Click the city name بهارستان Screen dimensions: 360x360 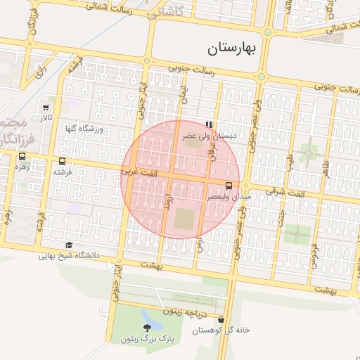coord(234,49)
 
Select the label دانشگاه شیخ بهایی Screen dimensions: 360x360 coord(67,256)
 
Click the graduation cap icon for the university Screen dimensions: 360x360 coord(68,245)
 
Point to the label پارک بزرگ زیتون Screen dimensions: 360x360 coord(146,340)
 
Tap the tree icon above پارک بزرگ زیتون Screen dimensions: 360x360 coord(147,328)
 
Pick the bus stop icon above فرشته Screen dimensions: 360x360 coord(63,162)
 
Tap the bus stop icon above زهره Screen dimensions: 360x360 coord(22,157)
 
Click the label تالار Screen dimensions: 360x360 coord(46,118)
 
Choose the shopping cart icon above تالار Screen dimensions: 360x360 coord(46,108)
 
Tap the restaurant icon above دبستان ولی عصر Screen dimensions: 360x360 coord(207,124)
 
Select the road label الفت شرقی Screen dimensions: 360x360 coord(289,193)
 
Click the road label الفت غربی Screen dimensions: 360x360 coord(135,171)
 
